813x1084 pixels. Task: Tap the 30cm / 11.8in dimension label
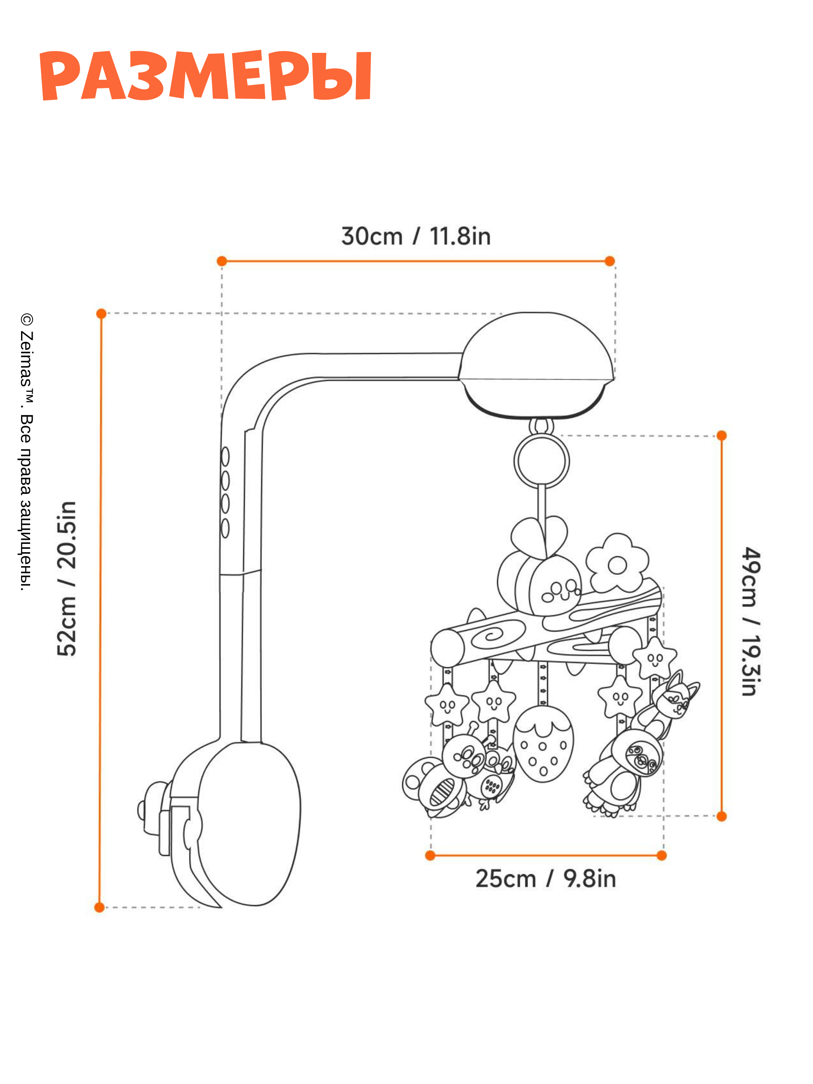coord(415,236)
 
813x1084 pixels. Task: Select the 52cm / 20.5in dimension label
coord(66,578)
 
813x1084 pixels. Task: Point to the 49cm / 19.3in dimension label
coord(751,621)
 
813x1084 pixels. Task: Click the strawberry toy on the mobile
coord(543,745)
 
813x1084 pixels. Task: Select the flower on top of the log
coord(617,564)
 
